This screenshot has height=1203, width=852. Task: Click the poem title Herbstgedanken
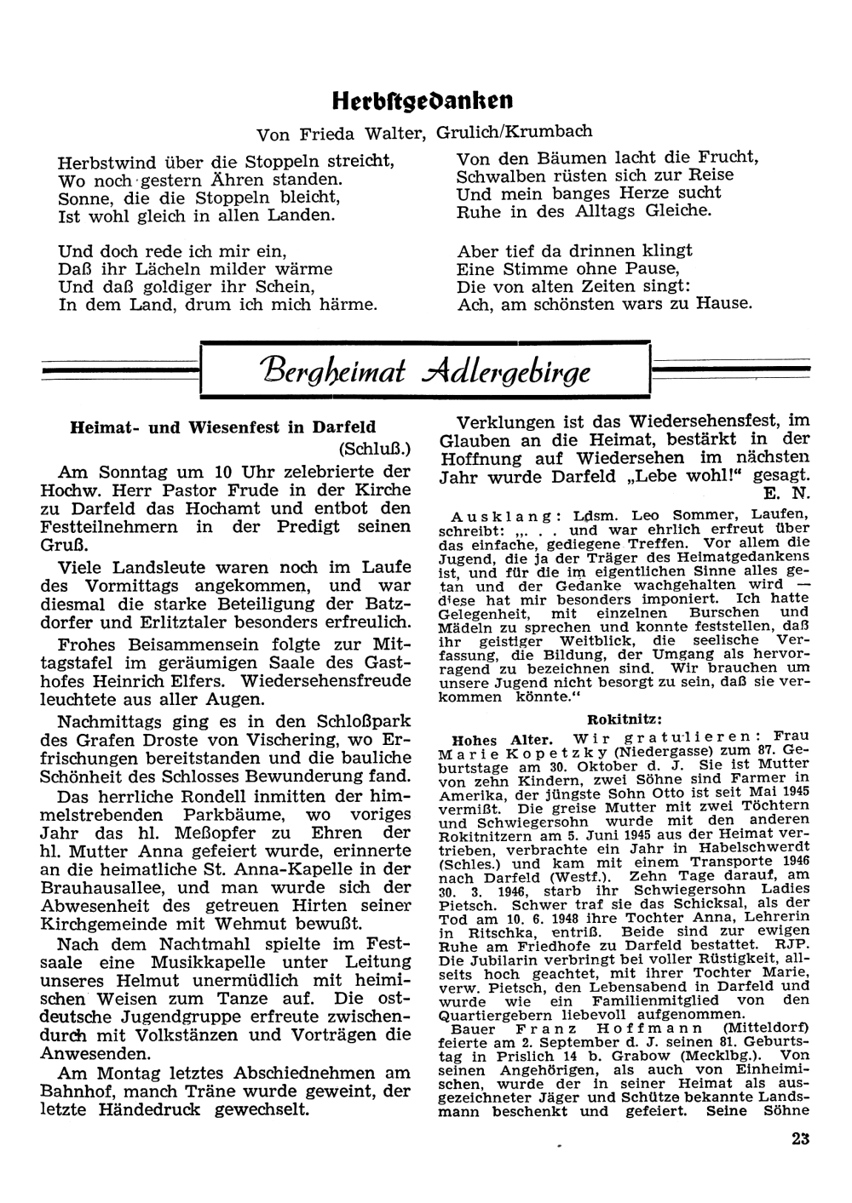click(423, 100)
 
